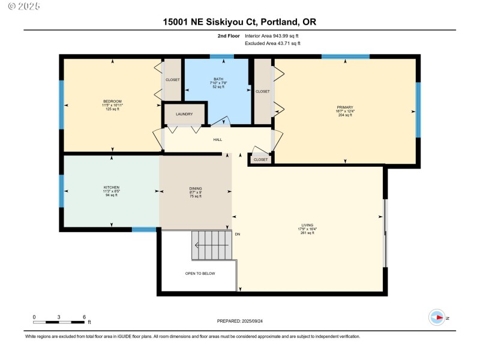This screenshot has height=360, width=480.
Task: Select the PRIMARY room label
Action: coord(344,108)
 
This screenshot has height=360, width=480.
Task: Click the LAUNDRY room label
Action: coord(184,114)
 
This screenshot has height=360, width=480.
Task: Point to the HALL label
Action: coord(217,140)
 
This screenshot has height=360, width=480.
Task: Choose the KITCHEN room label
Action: coord(112,188)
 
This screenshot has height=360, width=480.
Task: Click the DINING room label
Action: coord(196,188)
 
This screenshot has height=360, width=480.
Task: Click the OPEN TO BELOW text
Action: coord(200,274)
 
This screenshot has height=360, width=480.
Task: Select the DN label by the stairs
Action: coord(238,234)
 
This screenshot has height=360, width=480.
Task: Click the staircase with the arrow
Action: coord(211,245)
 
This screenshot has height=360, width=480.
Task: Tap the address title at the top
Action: coord(239,22)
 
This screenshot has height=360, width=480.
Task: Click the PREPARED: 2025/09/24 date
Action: coord(239,322)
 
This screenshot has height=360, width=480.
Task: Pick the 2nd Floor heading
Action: coord(229,36)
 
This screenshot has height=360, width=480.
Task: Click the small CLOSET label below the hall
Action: coord(260,160)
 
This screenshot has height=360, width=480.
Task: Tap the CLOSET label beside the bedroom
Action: coord(172,79)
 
